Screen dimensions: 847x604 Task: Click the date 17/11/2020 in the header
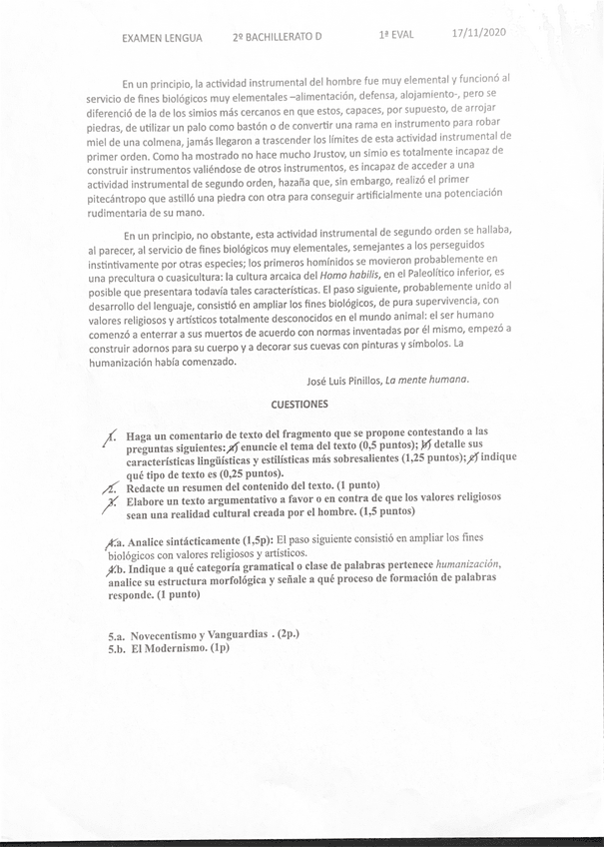pos(479,32)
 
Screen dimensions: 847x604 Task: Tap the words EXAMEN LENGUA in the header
pos(162,37)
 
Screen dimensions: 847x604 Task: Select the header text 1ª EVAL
pos(396,34)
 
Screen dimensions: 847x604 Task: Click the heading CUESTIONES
pos(301,405)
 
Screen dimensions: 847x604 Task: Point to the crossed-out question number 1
pos(112,437)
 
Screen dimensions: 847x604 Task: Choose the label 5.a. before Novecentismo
pos(121,635)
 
